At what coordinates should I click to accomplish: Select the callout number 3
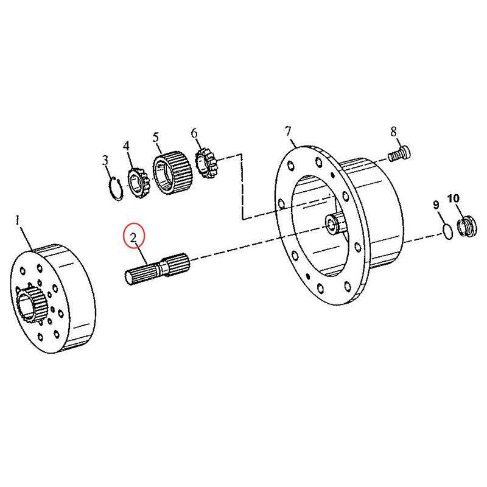(x=105, y=160)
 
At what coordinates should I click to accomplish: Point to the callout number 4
(x=127, y=145)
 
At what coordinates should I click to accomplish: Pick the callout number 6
(x=194, y=133)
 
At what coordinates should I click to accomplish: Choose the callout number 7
(x=288, y=130)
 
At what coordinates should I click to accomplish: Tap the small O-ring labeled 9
(x=446, y=231)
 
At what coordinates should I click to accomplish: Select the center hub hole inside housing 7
(x=332, y=225)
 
